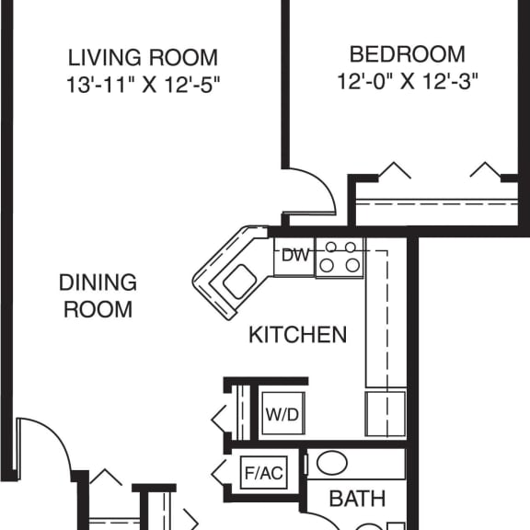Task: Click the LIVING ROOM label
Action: coord(143,57)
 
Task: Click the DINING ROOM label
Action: coord(98,295)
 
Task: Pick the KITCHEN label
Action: coord(298,334)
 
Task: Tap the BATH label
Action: coord(357,500)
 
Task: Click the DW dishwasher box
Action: coord(294,256)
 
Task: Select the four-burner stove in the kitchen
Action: coord(339,257)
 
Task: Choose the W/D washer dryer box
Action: coord(282,414)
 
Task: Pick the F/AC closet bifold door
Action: coord(222,473)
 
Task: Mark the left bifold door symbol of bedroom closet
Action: coord(395,171)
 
